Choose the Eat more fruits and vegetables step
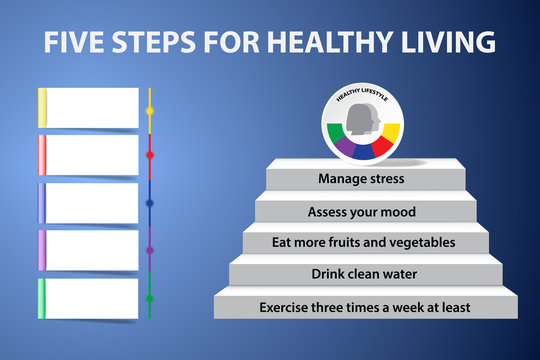pyautogui.click(x=364, y=242)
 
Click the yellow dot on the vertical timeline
pyautogui.click(x=150, y=108)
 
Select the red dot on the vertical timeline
pyautogui.click(x=150, y=155)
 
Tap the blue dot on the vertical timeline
pyautogui.click(x=150, y=202)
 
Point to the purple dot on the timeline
pyautogui.click(x=150, y=250)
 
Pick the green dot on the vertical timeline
pyautogui.click(x=150, y=297)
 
